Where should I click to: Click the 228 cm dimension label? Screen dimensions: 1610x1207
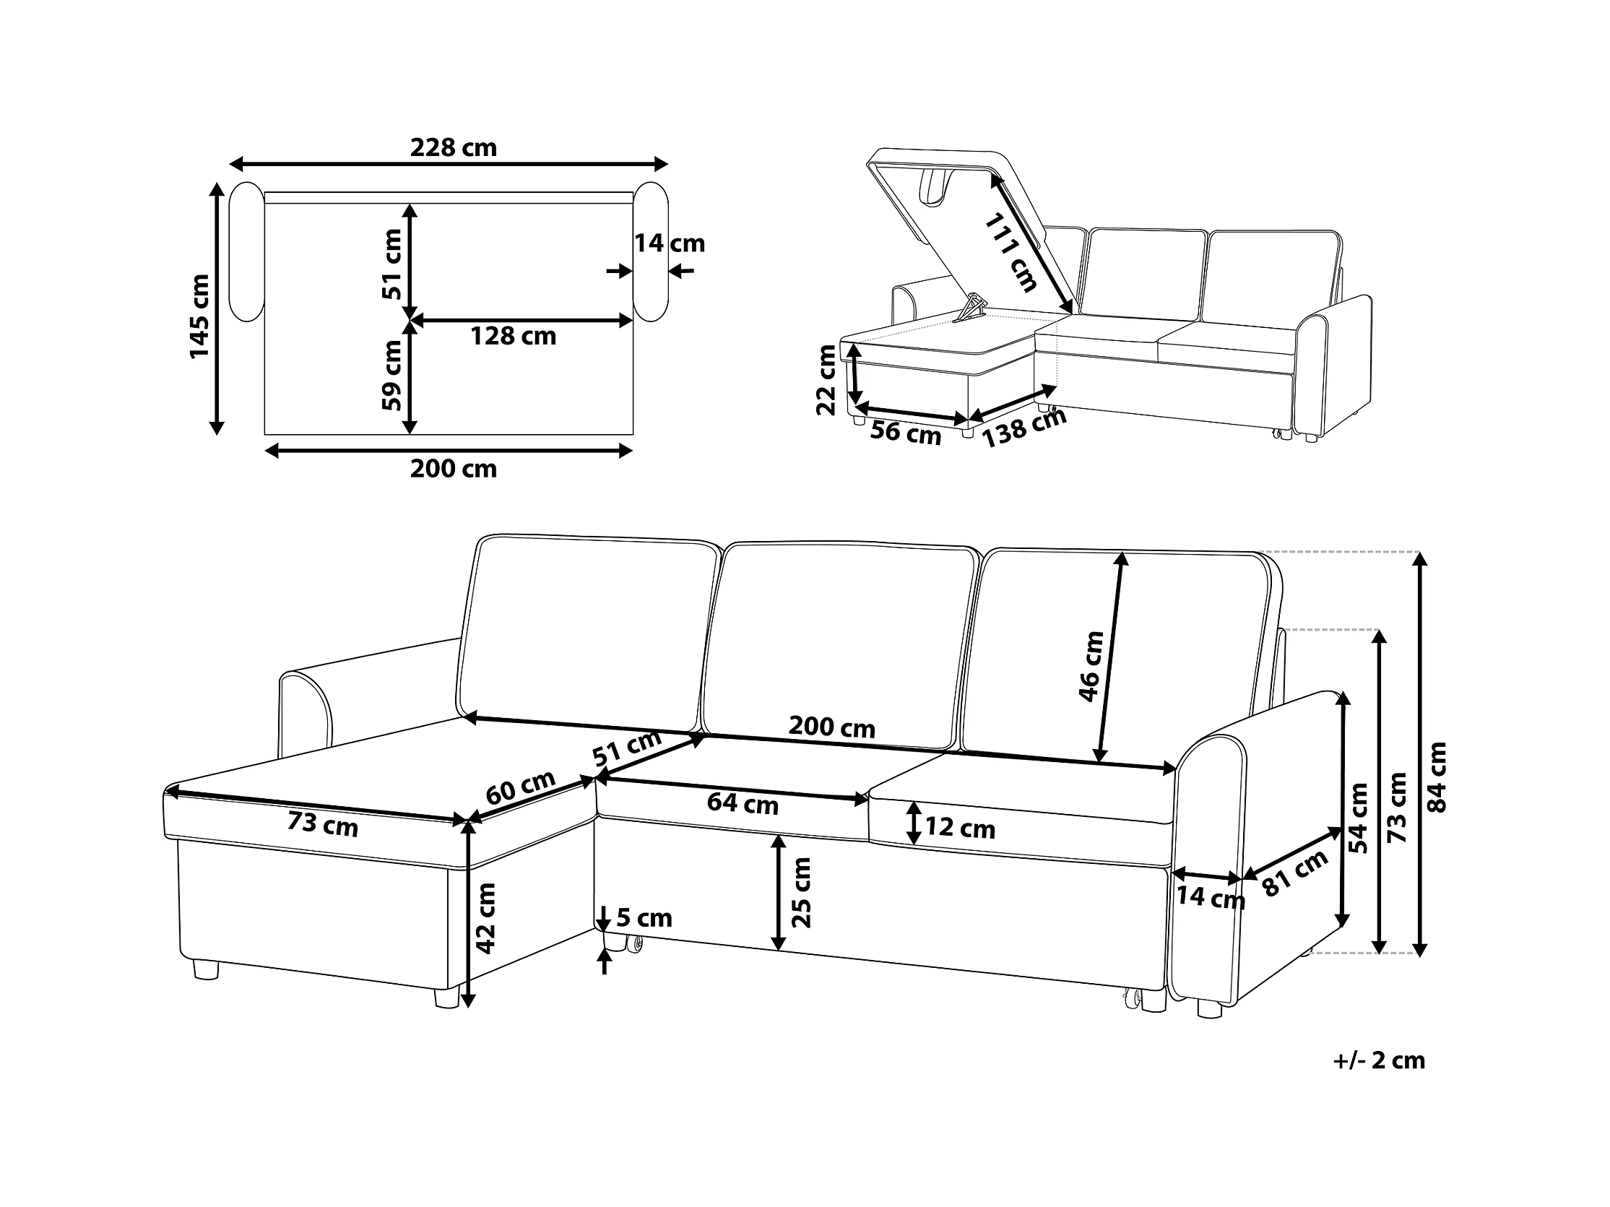point(454,148)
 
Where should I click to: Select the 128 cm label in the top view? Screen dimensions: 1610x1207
point(513,337)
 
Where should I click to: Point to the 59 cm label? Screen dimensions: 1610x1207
point(391,375)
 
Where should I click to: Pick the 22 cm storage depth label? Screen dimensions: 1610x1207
point(826,380)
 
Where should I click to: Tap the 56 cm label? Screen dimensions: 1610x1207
point(906,433)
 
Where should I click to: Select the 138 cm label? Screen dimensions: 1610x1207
point(1024,428)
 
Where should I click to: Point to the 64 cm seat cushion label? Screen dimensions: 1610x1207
point(743,803)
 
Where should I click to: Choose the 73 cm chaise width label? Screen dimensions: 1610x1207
point(322,824)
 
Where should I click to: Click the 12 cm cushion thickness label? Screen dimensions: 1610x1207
point(959,828)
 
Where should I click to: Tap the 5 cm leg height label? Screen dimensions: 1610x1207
point(644,918)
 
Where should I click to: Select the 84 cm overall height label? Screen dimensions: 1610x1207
point(1437,776)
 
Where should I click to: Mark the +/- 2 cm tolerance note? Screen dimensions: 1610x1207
point(1379,1060)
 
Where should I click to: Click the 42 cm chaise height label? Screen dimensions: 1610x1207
point(485,918)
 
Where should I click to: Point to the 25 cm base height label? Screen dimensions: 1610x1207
point(800,893)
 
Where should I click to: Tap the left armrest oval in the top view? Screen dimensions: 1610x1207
point(246,251)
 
